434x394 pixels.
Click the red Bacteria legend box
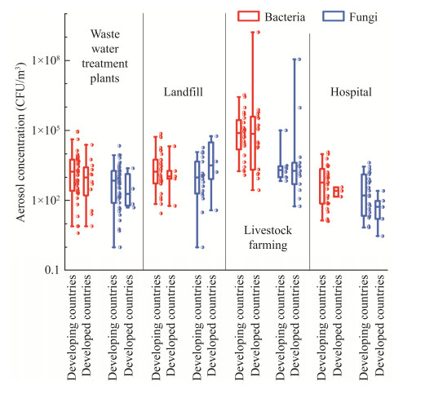(x=248, y=16)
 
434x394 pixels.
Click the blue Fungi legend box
(x=333, y=16)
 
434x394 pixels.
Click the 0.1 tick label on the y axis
(x=52, y=270)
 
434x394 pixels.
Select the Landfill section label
(x=184, y=92)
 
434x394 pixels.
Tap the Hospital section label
(x=351, y=92)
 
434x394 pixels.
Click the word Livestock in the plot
(x=268, y=230)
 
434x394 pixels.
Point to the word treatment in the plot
(x=104, y=64)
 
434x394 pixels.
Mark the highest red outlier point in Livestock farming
(x=259, y=32)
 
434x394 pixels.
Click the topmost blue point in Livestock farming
(x=299, y=60)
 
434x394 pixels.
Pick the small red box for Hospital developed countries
(x=336, y=192)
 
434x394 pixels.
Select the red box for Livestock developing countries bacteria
(x=238, y=135)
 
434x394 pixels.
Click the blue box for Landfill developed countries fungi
(x=211, y=161)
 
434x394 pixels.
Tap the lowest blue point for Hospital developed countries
(x=383, y=236)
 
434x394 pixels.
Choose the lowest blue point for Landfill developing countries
(x=202, y=247)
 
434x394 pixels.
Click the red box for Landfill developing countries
(x=156, y=171)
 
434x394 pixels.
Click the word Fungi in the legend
(x=363, y=17)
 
